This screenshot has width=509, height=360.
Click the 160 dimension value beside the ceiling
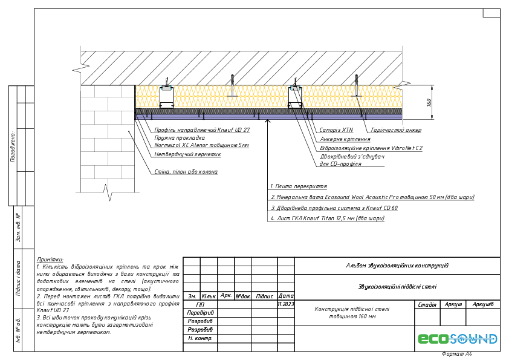click(x=429, y=102)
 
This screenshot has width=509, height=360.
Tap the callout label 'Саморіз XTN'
click(x=339, y=130)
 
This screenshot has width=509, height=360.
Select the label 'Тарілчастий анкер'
click(x=396, y=130)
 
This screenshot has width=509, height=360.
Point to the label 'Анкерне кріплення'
click(x=345, y=139)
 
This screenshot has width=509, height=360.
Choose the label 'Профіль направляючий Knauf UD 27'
click(x=201, y=129)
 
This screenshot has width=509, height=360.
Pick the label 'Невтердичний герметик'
click(x=188, y=154)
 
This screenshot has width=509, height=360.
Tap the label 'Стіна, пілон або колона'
click(x=186, y=172)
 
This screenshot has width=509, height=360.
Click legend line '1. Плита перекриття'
click(x=299, y=186)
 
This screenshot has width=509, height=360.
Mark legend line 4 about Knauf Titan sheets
click(x=327, y=219)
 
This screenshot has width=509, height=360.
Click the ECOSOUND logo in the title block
click(x=458, y=339)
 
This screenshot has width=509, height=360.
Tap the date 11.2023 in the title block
click(x=285, y=304)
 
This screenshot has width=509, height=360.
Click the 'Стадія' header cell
click(x=427, y=304)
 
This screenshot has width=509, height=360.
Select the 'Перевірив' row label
click(x=200, y=313)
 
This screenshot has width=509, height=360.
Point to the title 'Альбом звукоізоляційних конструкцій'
click(x=397, y=266)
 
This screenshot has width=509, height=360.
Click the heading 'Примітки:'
click(x=50, y=259)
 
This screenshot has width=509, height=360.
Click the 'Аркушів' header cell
click(x=483, y=304)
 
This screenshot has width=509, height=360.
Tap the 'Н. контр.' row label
click(x=200, y=338)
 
